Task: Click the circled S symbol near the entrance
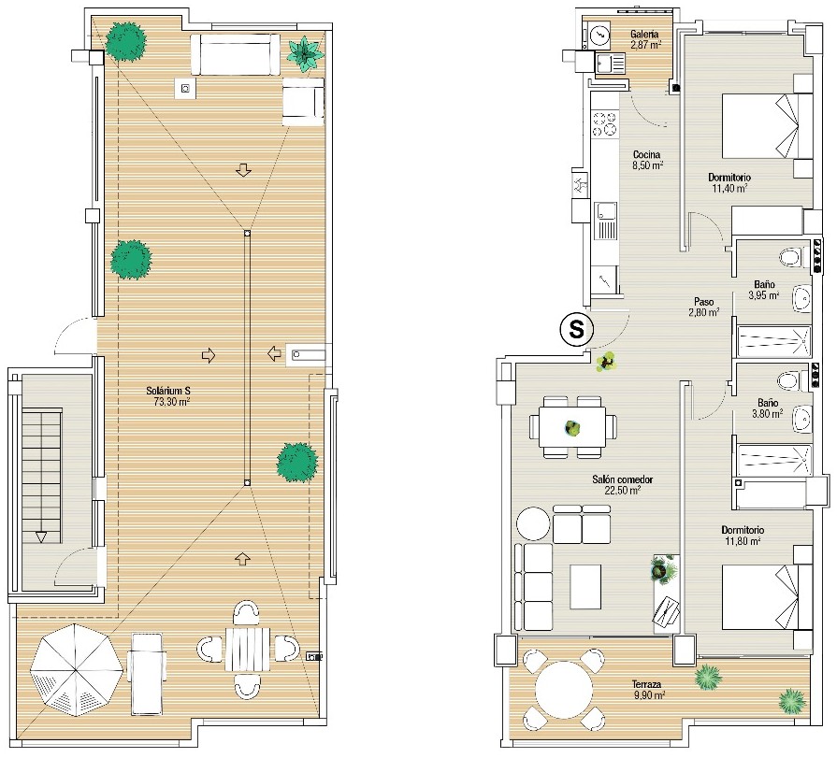click(x=576, y=329)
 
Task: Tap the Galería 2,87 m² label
click(x=645, y=39)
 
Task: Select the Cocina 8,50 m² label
click(x=647, y=160)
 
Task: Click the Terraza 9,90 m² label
click(x=648, y=689)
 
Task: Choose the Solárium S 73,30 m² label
click(x=168, y=395)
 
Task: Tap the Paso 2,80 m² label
click(x=703, y=307)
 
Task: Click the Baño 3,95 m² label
click(x=764, y=290)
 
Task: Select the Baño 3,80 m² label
click(x=768, y=408)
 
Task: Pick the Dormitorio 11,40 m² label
click(x=729, y=182)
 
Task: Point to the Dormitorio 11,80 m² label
click(x=743, y=536)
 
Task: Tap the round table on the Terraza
click(x=564, y=689)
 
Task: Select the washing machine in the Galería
click(x=599, y=36)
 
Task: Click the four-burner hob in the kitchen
click(x=604, y=123)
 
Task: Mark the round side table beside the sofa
click(x=533, y=523)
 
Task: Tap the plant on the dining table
click(x=572, y=428)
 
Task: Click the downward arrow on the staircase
click(x=41, y=536)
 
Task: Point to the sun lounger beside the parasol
click(x=145, y=673)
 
